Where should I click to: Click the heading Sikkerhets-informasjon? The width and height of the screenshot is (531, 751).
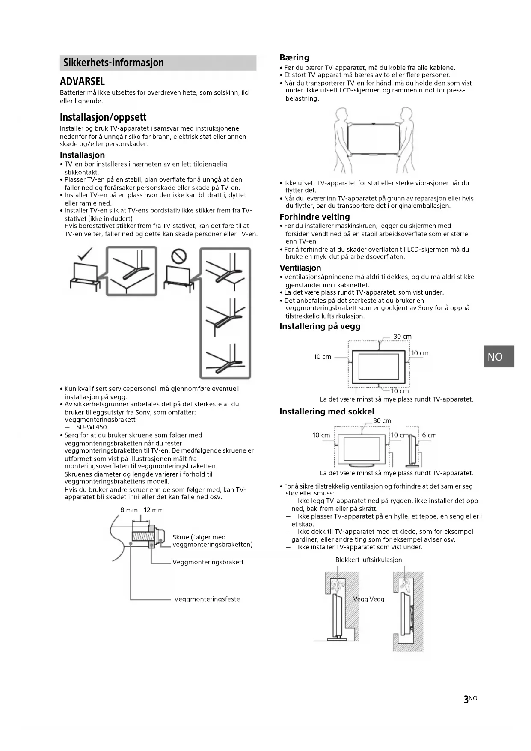click(113, 63)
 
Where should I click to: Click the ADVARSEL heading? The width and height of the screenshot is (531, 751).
click(82, 81)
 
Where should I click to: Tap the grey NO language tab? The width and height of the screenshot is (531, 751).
click(498, 356)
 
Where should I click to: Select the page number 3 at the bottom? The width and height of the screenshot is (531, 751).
click(466, 699)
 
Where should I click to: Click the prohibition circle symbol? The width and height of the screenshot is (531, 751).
click(178, 256)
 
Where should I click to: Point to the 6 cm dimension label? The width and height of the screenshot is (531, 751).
click(429, 435)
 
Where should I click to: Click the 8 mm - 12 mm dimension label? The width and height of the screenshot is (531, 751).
click(142, 510)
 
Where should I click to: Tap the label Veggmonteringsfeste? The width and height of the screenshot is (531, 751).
click(207, 599)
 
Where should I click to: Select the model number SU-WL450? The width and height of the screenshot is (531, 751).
click(91, 427)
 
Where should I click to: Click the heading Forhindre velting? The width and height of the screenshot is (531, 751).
click(314, 217)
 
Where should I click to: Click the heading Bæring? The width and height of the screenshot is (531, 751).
click(294, 57)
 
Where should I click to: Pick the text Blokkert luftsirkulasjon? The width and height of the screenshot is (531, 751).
click(369, 560)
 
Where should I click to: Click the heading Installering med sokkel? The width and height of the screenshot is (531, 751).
click(326, 411)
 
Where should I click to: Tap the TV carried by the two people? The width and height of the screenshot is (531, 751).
click(373, 138)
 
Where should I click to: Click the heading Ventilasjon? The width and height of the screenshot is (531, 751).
click(300, 268)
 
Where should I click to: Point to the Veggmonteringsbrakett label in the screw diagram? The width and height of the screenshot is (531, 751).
click(208, 562)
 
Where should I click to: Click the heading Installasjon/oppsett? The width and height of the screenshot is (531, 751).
click(103, 117)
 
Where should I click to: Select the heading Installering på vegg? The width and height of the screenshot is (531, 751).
click(320, 326)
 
